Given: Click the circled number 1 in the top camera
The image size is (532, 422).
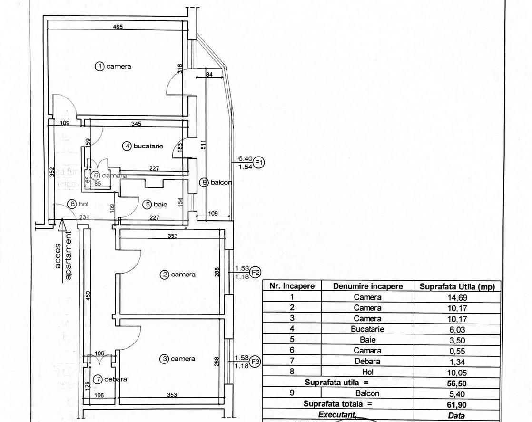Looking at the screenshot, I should (x=99, y=67).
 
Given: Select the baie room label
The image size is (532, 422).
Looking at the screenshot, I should (x=160, y=205).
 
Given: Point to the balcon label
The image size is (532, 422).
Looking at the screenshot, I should (x=221, y=182).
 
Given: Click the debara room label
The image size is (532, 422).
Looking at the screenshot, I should (x=116, y=379).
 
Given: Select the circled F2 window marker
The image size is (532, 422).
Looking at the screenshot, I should (x=256, y=273).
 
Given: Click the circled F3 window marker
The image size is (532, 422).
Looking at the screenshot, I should (x=256, y=361).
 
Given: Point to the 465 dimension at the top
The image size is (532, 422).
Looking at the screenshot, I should (x=118, y=27).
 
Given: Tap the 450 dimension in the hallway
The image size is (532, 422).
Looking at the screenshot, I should (x=88, y=295).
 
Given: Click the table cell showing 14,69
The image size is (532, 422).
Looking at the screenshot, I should (x=457, y=297).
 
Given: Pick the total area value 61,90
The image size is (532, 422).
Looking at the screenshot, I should (x=457, y=404).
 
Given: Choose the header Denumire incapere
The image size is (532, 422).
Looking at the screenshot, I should (x=368, y=286).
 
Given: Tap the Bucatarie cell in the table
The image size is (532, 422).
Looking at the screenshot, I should (x=368, y=329).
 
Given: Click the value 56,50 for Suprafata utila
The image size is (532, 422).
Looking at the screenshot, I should (x=457, y=383).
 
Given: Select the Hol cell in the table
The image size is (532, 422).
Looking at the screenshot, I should (x=368, y=372).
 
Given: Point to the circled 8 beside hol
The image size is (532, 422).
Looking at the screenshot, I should (x=72, y=205).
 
